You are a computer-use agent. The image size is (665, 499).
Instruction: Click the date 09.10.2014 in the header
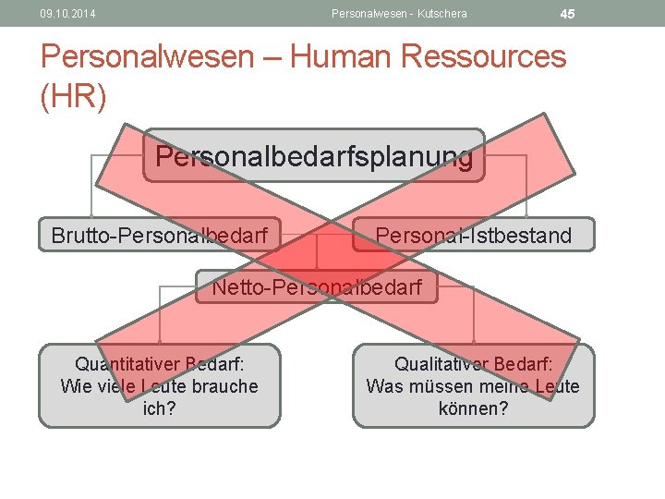coord(67,14)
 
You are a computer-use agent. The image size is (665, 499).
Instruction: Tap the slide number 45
coord(567,14)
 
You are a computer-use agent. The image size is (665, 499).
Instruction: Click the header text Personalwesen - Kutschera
coord(399,14)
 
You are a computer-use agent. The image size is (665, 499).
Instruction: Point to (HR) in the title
coord(74,96)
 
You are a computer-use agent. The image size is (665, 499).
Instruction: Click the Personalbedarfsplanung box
coord(314,155)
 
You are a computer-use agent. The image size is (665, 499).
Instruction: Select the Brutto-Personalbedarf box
coord(160,236)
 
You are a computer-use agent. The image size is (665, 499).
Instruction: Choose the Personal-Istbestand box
coord(474,236)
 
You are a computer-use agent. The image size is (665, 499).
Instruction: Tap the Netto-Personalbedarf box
coord(317,287)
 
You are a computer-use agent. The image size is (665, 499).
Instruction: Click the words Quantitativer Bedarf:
coord(165,364)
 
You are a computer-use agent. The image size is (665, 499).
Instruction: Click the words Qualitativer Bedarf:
coord(474,364)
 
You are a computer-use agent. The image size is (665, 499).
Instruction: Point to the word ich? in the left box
coord(159,408)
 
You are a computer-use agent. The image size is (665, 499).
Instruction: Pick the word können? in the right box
coord(473,408)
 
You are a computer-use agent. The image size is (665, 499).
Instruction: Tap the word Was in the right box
coord(383,386)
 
